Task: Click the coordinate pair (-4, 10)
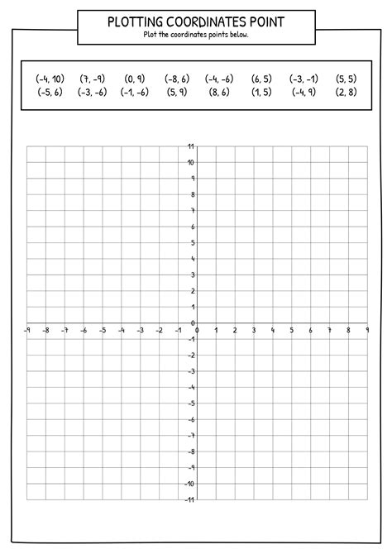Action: click(50, 79)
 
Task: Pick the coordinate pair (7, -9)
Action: click(93, 79)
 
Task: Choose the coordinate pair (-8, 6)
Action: click(177, 79)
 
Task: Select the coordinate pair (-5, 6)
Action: click(50, 93)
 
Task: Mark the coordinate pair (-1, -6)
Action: click(135, 93)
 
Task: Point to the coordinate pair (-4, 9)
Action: click(304, 93)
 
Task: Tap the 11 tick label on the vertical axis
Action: click(191, 147)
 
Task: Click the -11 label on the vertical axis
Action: click(189, 499)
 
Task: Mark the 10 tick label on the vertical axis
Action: click(191, 163)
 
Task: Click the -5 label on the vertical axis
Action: click(190, 404)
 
